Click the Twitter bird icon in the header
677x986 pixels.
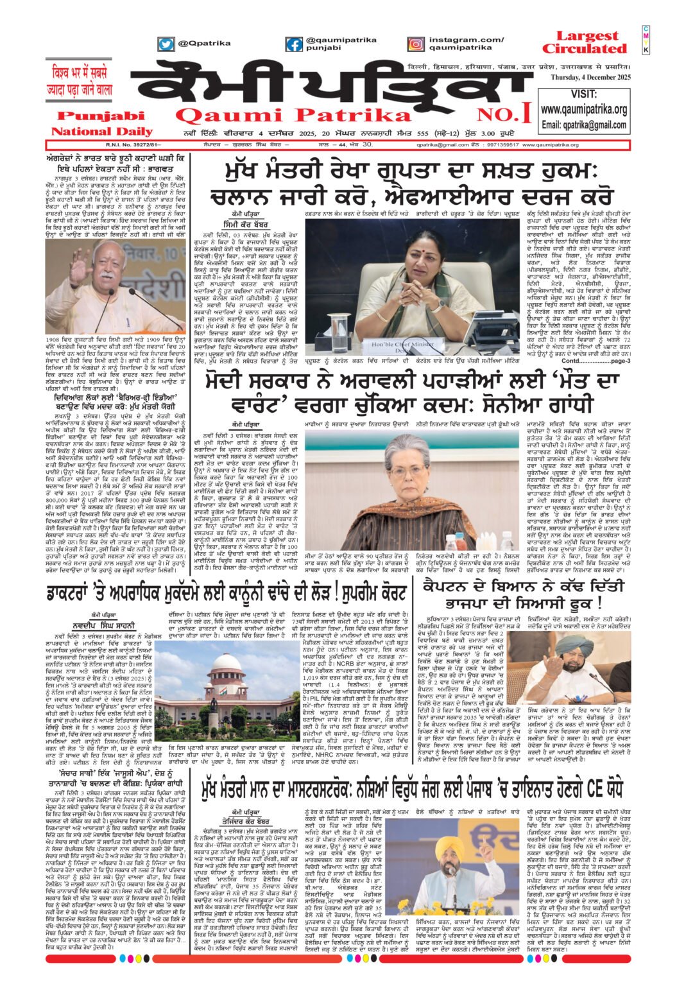[x=166, y=44]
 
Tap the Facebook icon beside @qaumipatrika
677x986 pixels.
[x=294, y=44]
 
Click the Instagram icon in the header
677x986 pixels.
[x=416, y=44]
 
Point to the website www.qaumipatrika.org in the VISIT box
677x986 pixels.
[x=583, y=110]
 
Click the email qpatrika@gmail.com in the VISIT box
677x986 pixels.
[x=583, y=125]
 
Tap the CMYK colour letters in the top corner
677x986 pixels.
[x=646, y=40]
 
